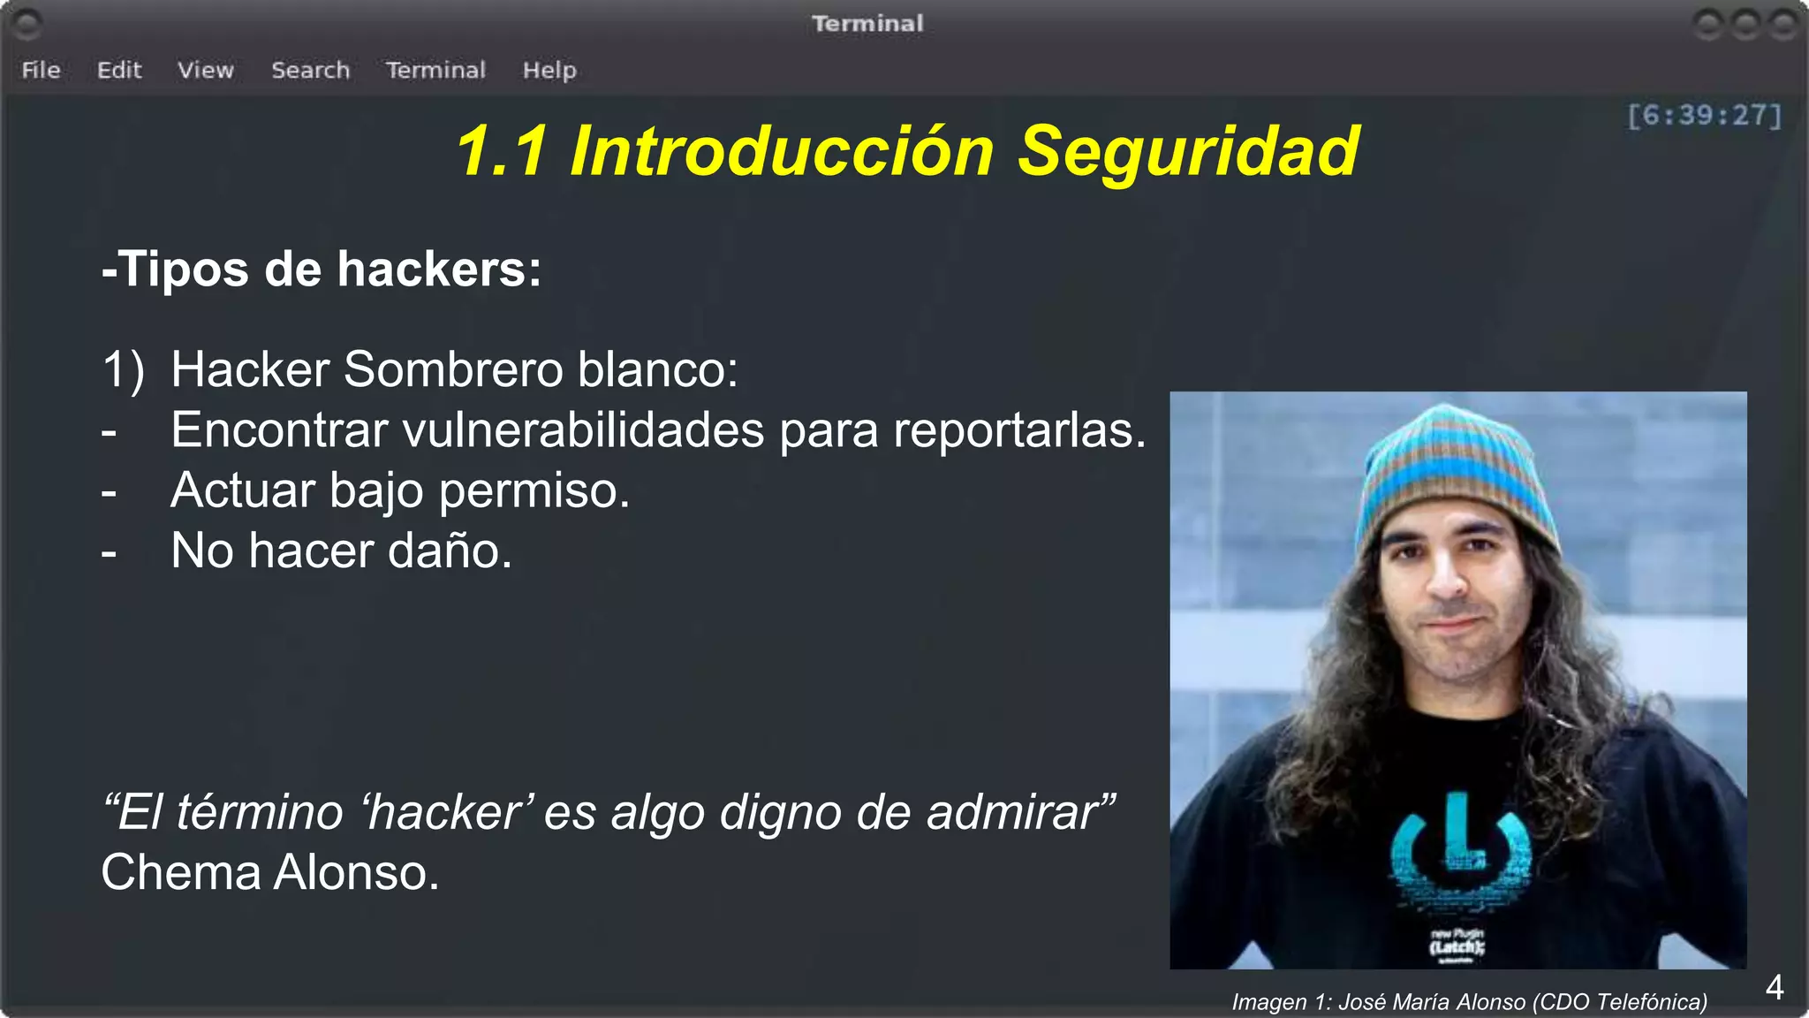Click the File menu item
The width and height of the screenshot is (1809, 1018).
pyautogui.click(x=41, y=70)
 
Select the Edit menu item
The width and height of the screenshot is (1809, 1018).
pyautogui.click(x=119, y=70)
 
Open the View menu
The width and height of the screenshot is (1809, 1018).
pyautogui.click(x=206, y=70)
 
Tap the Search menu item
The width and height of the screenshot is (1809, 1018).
pyautogui.click(x=310, y=70)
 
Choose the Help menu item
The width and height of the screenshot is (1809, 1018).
pyautogui.click(x=549, y=70)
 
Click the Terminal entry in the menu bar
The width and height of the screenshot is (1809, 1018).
pyautogui.click(x=435, y=70)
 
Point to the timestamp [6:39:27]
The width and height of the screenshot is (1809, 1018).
pyautogui.click(x=1704, y=116)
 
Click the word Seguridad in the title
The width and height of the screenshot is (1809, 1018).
pyautogui.click(x=1188, y=151)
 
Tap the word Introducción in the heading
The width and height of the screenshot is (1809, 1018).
pyautogui.click(x=782, y=151)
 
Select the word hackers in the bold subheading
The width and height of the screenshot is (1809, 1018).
pyautogui.click(x=438, y=269)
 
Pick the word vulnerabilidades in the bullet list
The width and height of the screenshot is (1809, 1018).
pyautogui.click(x=583, y=430)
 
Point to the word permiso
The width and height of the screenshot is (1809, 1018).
pyautogui.click(x=534, y=490)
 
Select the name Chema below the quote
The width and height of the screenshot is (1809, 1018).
pyautogui.click(x=180, y=872)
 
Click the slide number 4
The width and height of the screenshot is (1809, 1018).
pyautogui.click(x=1774, y=987)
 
